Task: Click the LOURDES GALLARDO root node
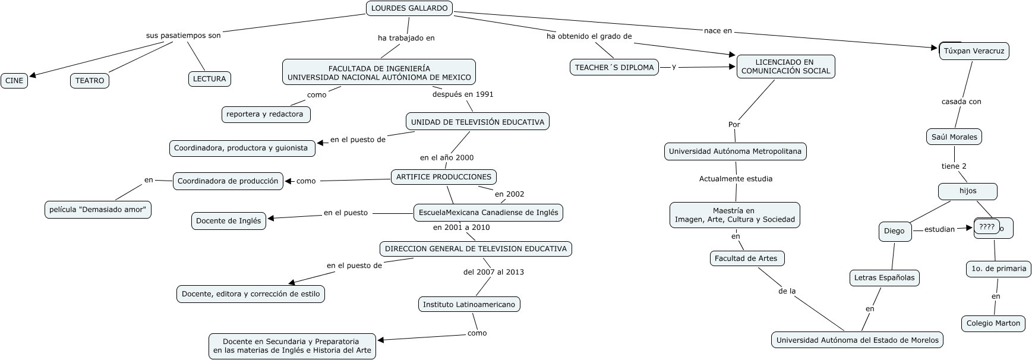coord(409,8)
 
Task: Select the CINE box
coord(14,81)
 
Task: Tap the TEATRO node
coord(90,81)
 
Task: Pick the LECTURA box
coord(209,78)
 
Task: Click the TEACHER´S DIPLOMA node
coord(614,67)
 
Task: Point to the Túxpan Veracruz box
coord(974,51)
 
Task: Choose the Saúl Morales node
coord(954,137)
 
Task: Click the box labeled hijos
coord(967,191)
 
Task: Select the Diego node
coord(894,231)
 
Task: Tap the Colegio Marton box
coord(993,323)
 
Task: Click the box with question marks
coord(987,226)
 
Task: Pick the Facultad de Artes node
coord(746,258)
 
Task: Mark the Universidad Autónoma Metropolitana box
coord(735,151)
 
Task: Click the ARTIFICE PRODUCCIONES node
coord(444,176)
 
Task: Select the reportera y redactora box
coord(265,114)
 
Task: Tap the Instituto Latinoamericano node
coord(469,304)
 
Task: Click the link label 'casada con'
coord(961,102)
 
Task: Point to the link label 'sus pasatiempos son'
coord(183,36)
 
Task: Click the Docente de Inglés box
coord(228,220)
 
